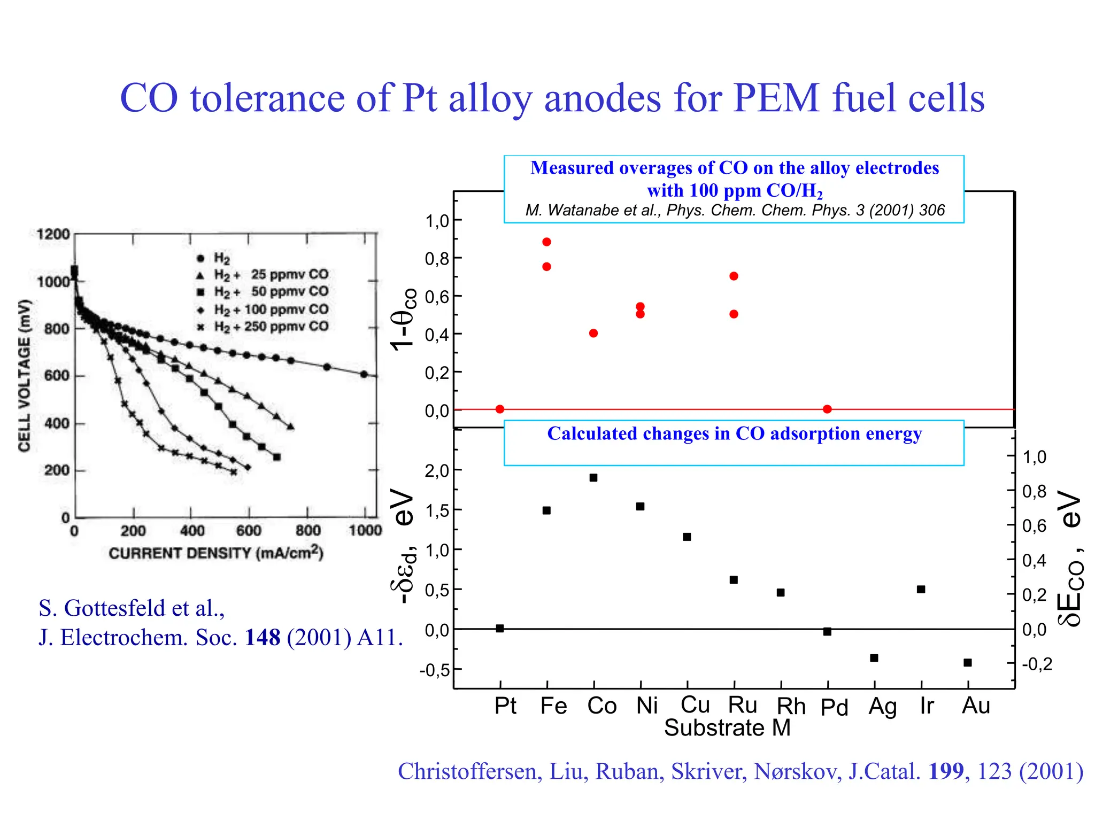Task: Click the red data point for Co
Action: pyautogui.click(x=593, y=333)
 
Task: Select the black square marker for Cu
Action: pyautogui.click(x=687, y=537)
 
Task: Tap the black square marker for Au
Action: pyautogui.click(x=967, y=663)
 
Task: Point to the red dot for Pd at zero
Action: pyautogui.click(x=827, y=409)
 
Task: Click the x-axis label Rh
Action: pyautogui.click(x=791, y=707)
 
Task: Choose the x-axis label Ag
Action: pyautogui.click(x=883, y=707)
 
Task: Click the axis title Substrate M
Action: pyautogui.click(x=727, y=728)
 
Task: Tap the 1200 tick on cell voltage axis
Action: pyautogui.click(x=53, y=234)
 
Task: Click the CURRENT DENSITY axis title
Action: pyautogui.click(x=216, y=553)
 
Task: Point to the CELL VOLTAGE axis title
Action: pyautogui.click(x=25, y=375)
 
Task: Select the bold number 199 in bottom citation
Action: pyautogui.click(x=946, y=771)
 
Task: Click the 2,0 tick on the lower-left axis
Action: pyautogui.click(x=436, y=471)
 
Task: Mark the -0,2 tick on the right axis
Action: pyautogui.click(x=1037, y=664)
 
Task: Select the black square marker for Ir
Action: pyautogui.click(x=921, y=589)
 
